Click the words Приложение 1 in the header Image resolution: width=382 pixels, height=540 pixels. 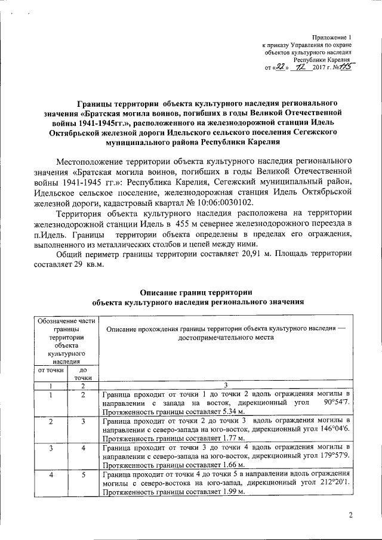(332, 37)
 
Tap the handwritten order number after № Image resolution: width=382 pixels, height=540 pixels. (344, 68)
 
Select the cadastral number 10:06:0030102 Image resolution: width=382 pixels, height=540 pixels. (211, 203)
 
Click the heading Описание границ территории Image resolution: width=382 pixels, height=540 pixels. (195, 292)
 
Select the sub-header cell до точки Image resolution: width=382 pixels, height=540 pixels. (82, 374)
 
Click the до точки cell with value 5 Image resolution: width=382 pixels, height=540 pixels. (82, 475)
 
